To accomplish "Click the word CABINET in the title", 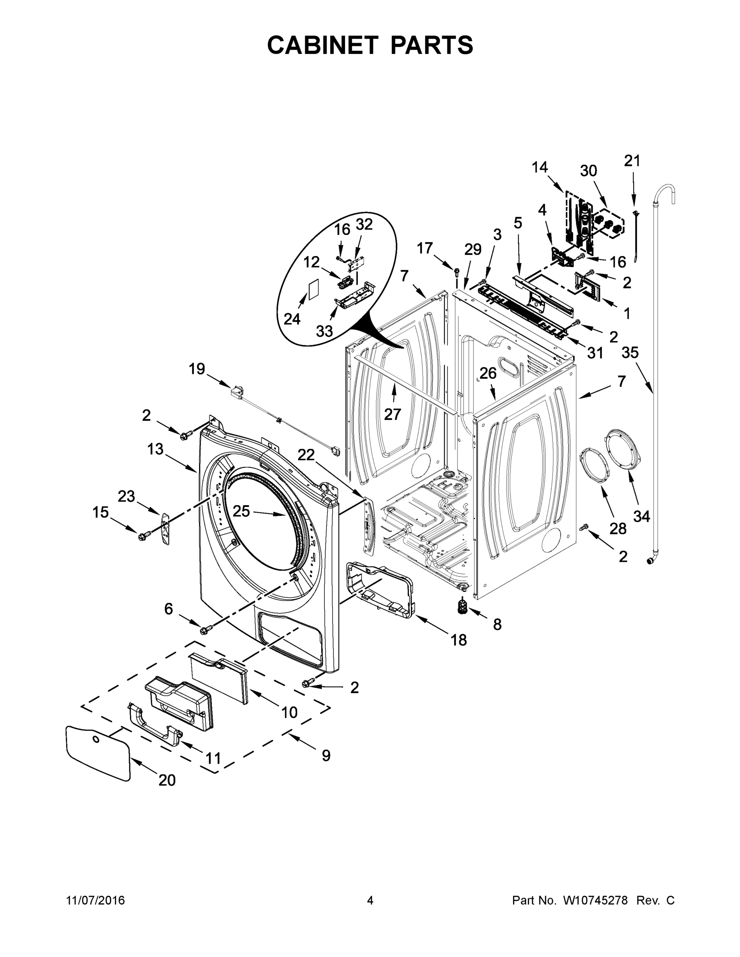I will (x=323, y=45).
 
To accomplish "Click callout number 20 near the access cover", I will (x=167, y=780).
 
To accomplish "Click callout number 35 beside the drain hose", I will (x=630, y=352).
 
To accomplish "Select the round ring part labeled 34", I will (x=622, y=451).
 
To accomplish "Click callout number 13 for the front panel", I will (x=155, y=449).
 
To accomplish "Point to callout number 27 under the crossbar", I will (x=393, y=414).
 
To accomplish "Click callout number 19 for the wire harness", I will (x=197, y=369).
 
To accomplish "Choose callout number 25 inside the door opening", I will (x=241, y=510).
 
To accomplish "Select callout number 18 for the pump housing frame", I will (x=458, y=640).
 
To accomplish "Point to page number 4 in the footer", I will (x=370, y=900).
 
